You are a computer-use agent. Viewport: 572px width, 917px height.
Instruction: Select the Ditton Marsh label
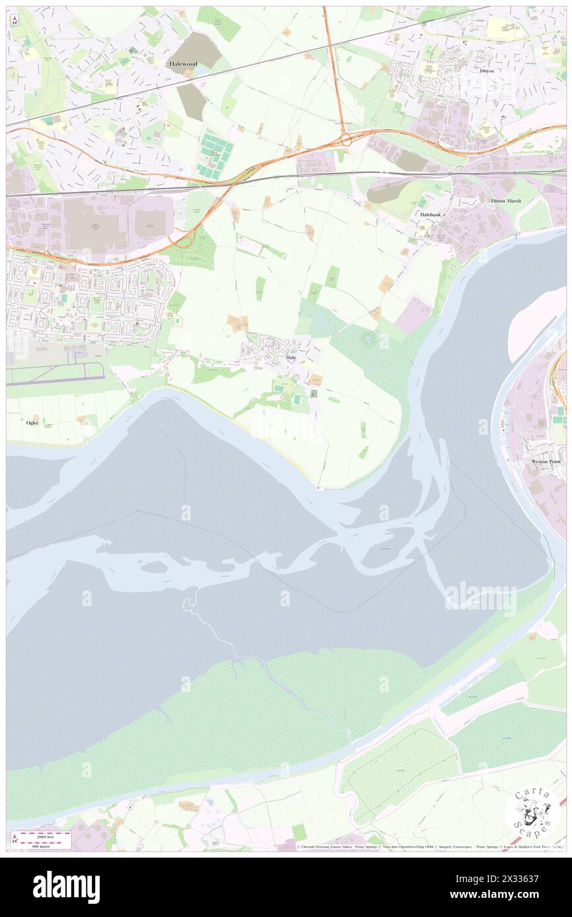tap(506, 201)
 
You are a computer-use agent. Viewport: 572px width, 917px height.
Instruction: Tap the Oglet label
tap(32, 423)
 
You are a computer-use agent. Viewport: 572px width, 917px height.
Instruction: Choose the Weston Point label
tap(545, 462)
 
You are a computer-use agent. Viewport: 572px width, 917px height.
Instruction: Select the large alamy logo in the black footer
tap(66, 887)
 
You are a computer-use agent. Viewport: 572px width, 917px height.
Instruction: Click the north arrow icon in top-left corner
tap(15, 20)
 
